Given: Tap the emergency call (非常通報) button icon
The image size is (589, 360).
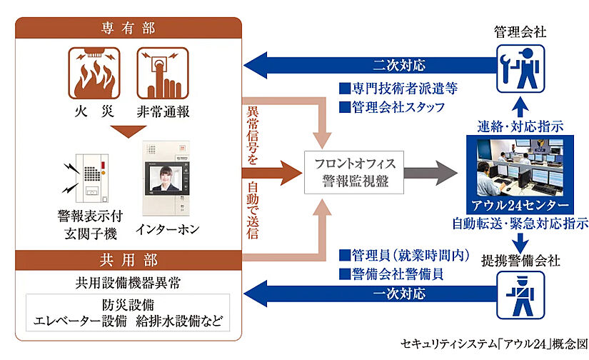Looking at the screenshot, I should [x=161, y=74].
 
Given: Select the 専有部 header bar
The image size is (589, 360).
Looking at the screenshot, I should [x=128, y=29].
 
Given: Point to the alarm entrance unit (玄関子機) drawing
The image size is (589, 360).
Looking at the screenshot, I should [x=89, y=179].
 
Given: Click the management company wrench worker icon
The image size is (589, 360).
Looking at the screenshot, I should [x=521, y=68].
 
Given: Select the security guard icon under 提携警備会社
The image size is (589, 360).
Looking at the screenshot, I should [x=521, y=295].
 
